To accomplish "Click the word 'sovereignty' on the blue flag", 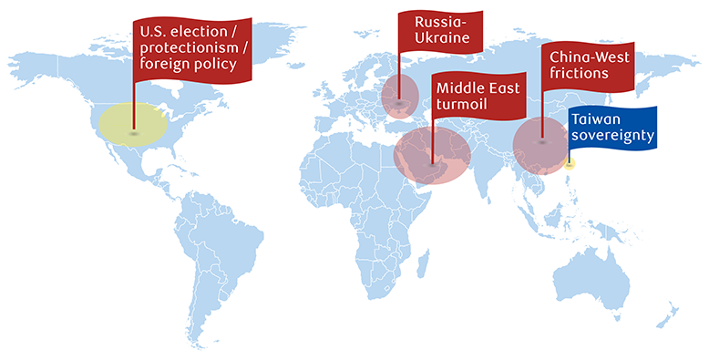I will click(x=611, y=137).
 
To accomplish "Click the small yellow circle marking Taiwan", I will click(x=570, y=164).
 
